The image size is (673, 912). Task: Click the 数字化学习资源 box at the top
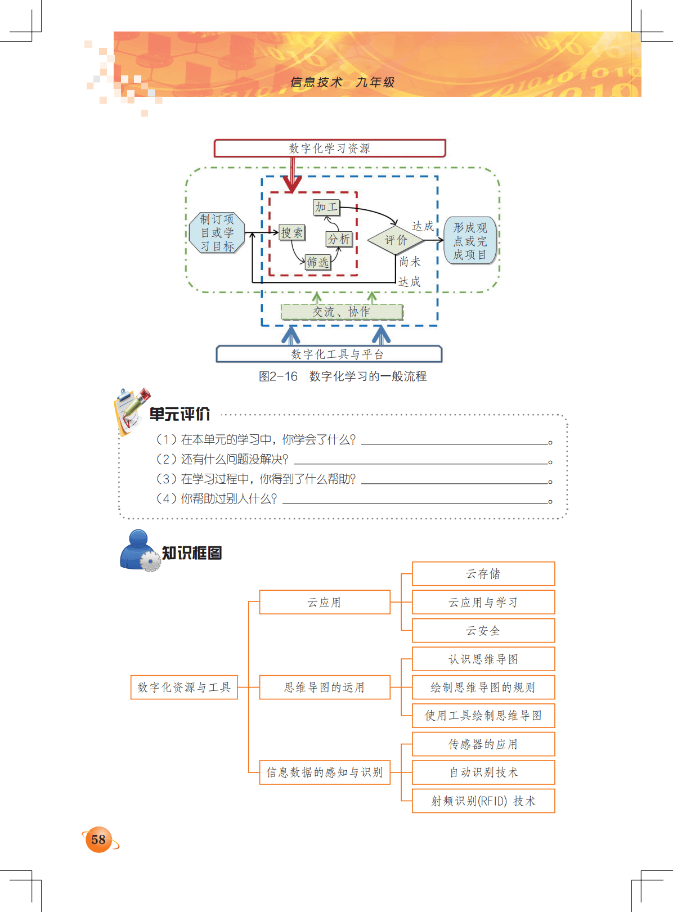[x=330, y=149]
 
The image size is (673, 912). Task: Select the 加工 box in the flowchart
[x=326, y=208]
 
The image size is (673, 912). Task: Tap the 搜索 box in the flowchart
[x=292, y=233]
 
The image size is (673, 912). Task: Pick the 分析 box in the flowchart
[x=339, y=239]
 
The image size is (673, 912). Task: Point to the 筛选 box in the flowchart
[x=318, y=262]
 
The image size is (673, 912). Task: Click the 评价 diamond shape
[x=396, y=240]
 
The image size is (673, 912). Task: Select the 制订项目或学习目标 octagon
[x=217, y=233]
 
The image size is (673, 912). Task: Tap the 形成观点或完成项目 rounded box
[x=470, y=241]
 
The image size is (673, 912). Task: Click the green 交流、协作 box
[x=342, y=312]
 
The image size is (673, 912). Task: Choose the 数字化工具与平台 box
[x=329, y=354]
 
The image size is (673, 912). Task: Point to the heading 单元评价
[x=180, y=415]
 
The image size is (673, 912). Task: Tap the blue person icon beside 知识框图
[x=138, y=550]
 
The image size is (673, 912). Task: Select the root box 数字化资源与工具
[x=184, y=688]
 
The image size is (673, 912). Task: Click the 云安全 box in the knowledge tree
[x=483, y=631]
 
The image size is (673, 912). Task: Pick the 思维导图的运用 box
[x=325, y=688]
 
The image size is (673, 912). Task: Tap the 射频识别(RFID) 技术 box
[x=483, y=801]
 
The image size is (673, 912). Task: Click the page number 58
[x=98, y=840]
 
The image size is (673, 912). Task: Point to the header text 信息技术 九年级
[x=342, y=83]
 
